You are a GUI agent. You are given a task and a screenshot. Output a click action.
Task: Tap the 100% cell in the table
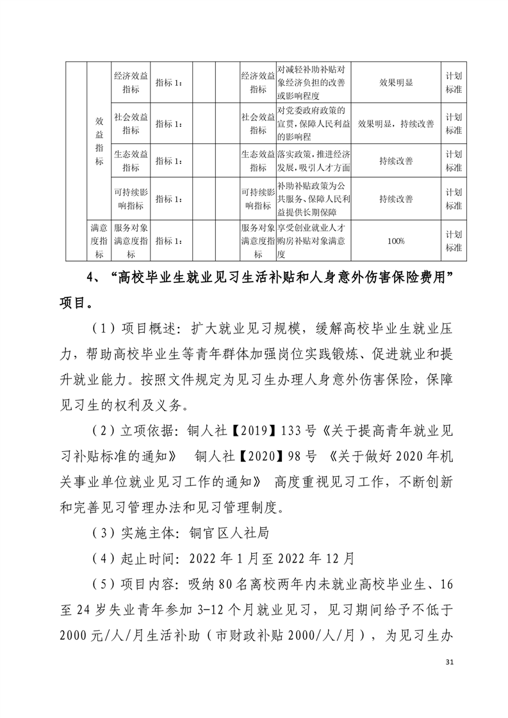point(395,241)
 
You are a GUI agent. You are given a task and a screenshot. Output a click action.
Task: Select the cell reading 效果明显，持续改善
point(395,124)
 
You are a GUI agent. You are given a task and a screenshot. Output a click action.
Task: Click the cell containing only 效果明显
point(395,83)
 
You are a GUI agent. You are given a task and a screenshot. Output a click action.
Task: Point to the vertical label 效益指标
point(99,141)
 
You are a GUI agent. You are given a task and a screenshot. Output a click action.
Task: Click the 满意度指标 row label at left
point(99,241)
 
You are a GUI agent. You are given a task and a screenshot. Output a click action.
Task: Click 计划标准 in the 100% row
point(454,241)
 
